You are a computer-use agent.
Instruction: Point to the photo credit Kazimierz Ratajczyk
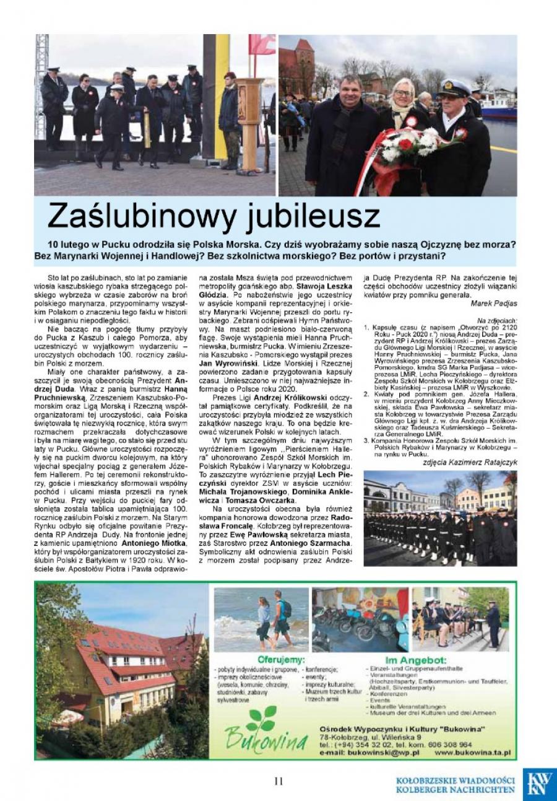pyautogui.click(x=472, y=463)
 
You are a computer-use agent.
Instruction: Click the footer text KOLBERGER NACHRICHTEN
pyautogui.click(x=456, y=789)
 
